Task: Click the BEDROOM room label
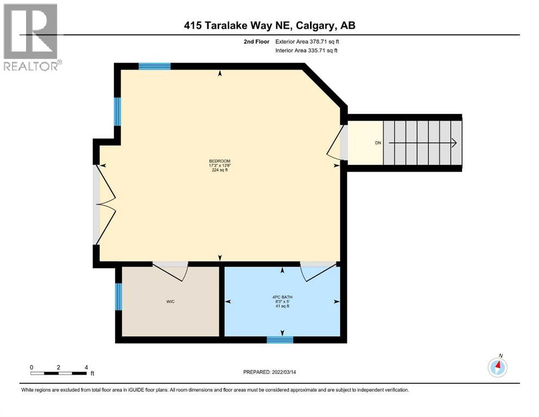(220, 161)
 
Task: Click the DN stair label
(378, 143)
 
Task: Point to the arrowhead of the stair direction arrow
(454, 143)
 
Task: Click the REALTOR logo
(31, 37)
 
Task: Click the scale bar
(58, 373)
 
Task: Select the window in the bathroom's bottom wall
(280, 340)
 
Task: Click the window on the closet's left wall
(118, 296)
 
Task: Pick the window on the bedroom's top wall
(155, 66)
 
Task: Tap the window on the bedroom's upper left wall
(117, 111)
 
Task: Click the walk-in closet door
(170, 269)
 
